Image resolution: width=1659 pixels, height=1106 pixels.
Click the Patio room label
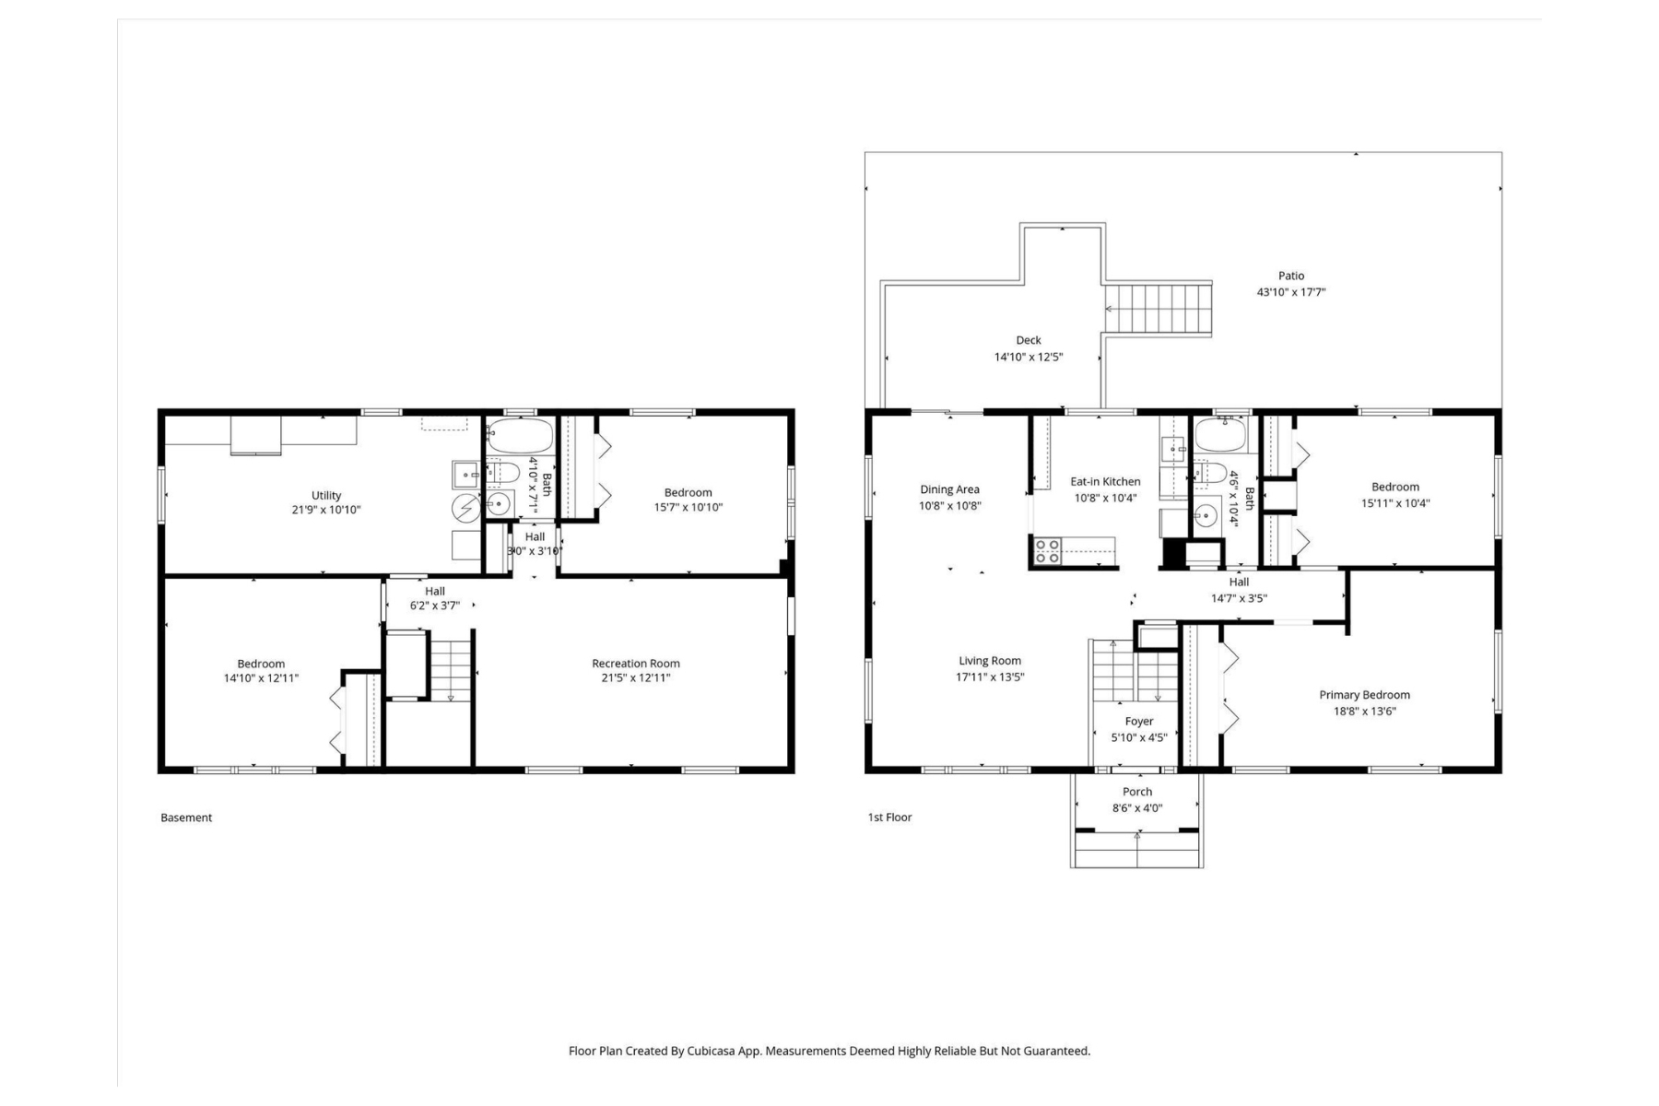[1291, 276]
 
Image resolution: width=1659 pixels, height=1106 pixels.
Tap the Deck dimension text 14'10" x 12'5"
[1029, 357]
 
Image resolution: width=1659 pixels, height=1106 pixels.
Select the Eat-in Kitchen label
[1105, 481]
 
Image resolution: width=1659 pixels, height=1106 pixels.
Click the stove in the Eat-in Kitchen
[1047, 551]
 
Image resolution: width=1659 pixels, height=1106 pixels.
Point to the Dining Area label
[949, 489]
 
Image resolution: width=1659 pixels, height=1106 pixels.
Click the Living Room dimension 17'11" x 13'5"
[990, 677]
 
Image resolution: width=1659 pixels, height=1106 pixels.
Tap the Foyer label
[1139, 722]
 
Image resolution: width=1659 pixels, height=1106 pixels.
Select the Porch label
[1137, 792]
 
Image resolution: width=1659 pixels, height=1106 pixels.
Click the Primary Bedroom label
[1364, 695]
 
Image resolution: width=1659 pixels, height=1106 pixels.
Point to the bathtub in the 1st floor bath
[1220, 435]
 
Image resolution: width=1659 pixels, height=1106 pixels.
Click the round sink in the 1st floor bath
[1206, 516]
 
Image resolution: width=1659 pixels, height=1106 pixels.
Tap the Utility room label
[326, 495]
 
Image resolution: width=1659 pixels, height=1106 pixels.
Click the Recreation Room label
[636, 663]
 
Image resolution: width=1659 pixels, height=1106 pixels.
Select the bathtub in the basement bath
[520, 436]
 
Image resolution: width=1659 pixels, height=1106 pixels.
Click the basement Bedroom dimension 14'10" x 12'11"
[261, 678]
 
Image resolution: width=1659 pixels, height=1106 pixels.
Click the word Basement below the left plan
[186, 818]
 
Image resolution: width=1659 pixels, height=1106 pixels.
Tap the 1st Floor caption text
[889, 818]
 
